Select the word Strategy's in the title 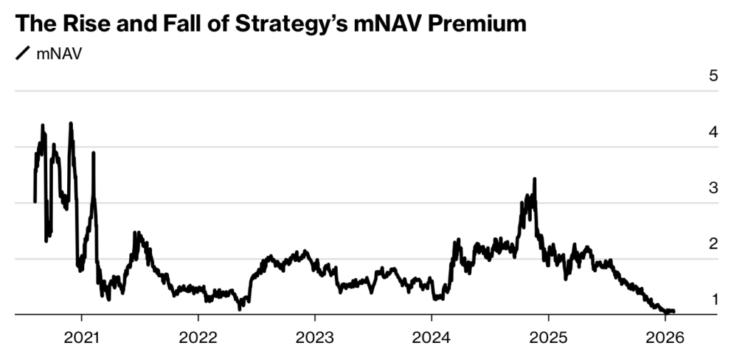pos(293,24)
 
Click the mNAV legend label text pos(59,54)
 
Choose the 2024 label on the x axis pos(431,336)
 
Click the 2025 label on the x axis pos(548,336)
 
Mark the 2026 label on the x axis pos(664,336)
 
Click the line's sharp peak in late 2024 pos(534,179)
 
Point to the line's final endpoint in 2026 pos(674,311)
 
